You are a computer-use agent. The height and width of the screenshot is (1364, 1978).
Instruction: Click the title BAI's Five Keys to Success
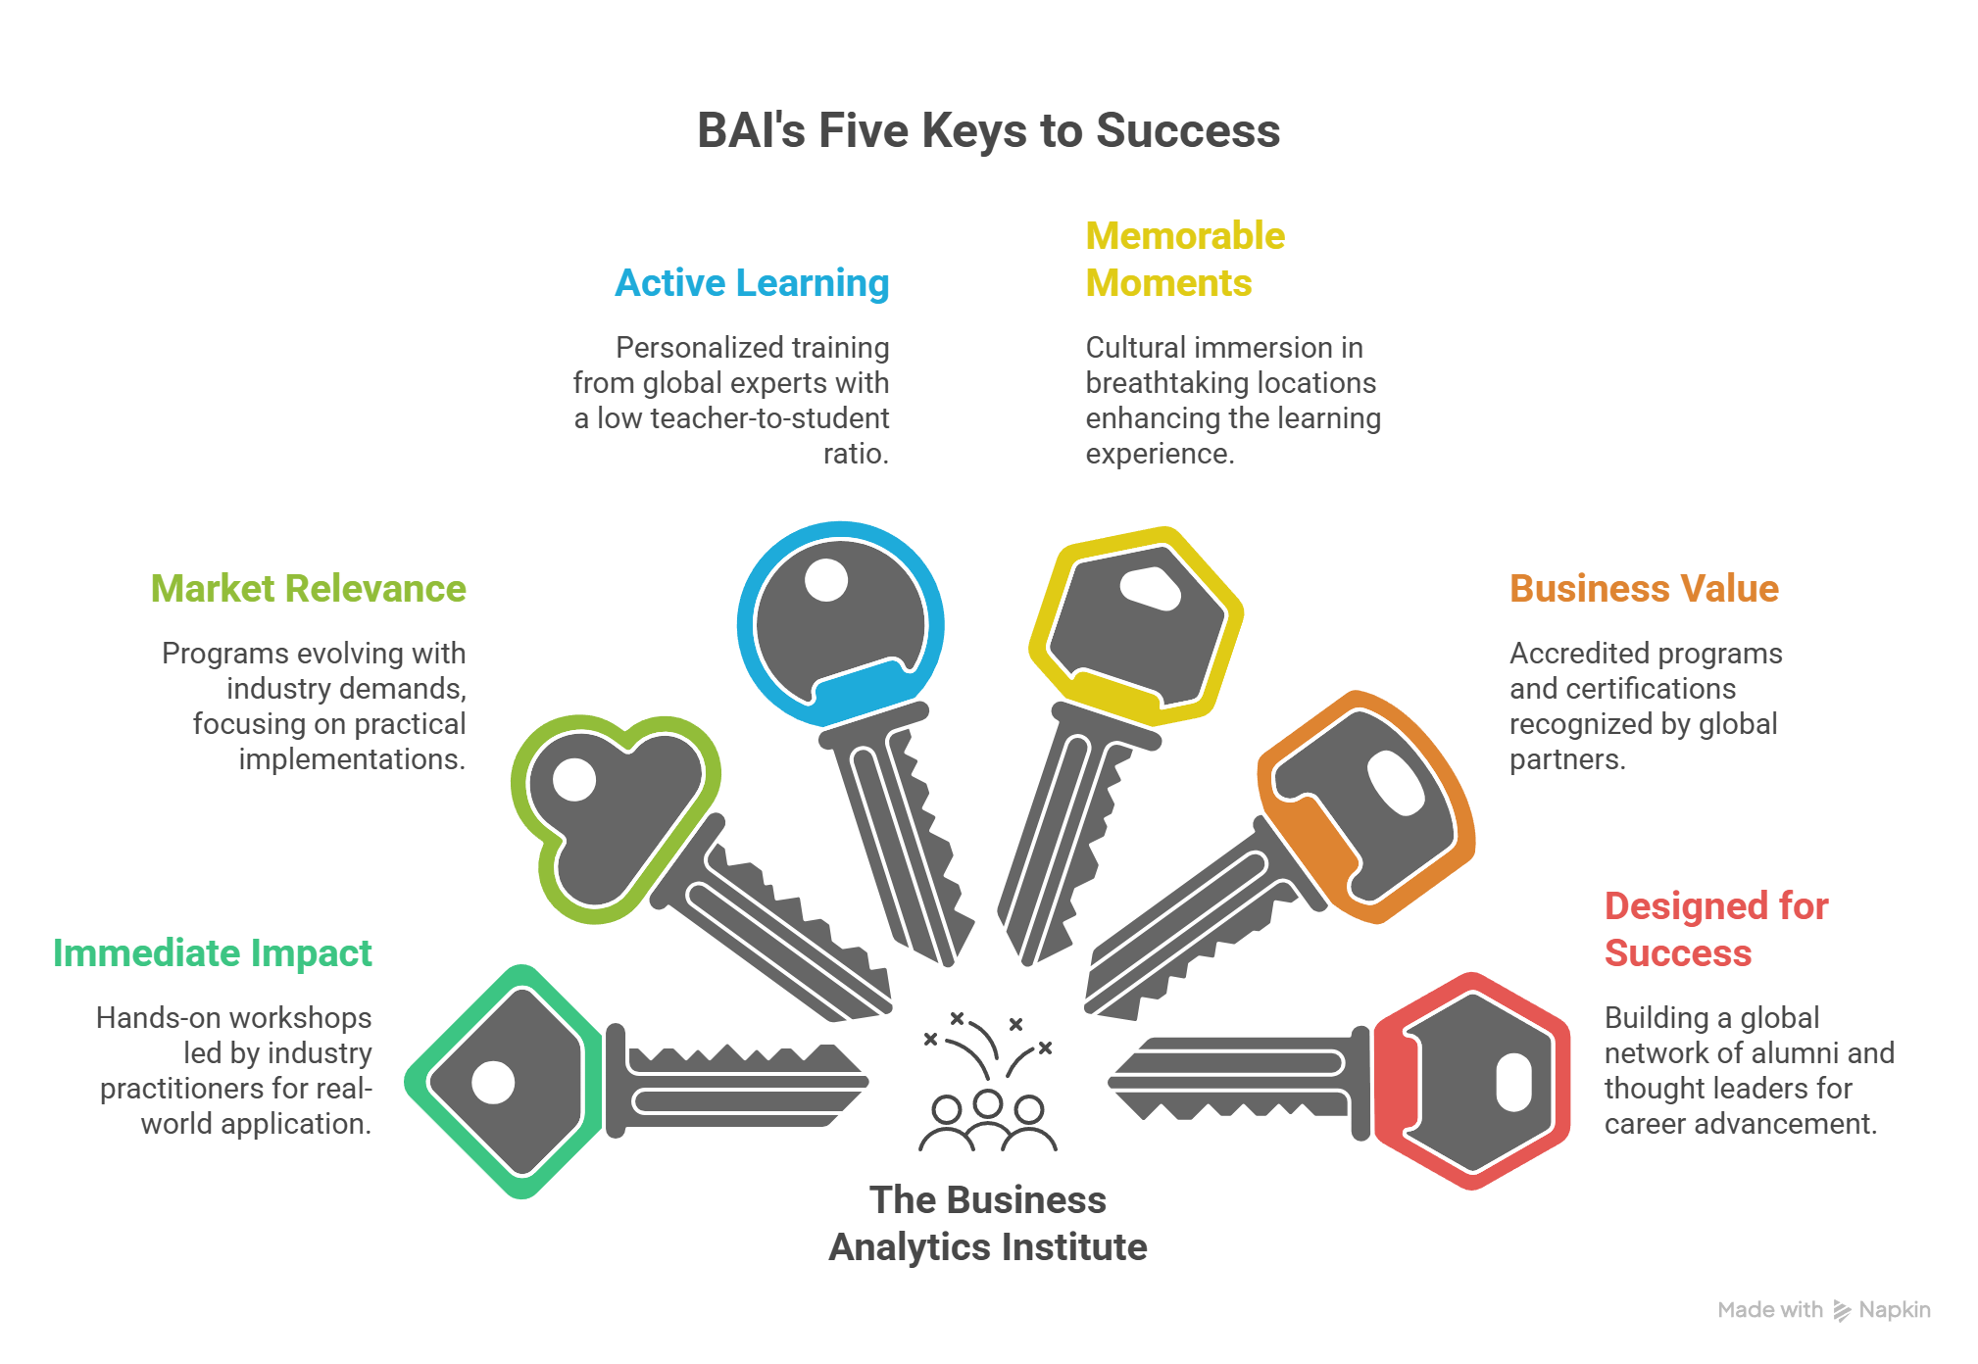click(x=988, y=131)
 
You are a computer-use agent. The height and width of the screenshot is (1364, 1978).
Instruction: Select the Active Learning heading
click(x=752, y=283)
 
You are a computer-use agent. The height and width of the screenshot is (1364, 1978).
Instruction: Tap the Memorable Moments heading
click(x=1184, y=260)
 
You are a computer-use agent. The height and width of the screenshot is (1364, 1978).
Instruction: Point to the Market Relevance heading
click(x=309, y=589)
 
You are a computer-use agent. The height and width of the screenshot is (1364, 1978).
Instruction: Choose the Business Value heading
click(x=1644, y=589)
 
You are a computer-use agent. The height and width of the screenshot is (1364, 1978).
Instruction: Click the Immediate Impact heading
click(x=213, y=953)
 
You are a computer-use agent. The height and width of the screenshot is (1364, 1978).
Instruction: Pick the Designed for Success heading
click(x=1715, y=930)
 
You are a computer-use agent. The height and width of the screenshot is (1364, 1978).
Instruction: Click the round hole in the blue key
click(x=825, y=580)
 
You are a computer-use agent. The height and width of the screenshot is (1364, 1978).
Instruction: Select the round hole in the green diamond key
click(x=492, y=1083)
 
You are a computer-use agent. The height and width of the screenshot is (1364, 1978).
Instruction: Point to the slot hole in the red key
click(x=1513, y=1083)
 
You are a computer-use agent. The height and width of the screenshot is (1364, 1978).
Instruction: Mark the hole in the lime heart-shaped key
click(x=574, y=781)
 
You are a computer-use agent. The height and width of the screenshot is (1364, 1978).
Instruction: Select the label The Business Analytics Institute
click(x=988, y=1224)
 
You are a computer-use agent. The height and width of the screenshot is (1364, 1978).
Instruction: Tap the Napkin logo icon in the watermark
click(x=1843, y=1311)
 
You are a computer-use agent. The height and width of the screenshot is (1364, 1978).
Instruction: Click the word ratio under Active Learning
click(x=855, y=454)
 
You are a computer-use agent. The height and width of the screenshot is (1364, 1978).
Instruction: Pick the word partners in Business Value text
click(x=1566, y=759)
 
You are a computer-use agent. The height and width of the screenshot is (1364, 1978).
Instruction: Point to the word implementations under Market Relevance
click(x=352, y=759)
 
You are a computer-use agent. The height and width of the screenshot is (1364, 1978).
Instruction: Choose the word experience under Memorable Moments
click(x=1159, y=454)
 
